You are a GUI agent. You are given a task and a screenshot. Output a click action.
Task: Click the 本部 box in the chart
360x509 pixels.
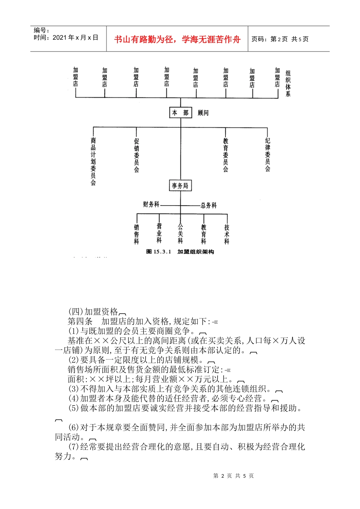point(180,113)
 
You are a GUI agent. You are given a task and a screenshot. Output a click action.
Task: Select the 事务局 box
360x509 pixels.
point(180,186)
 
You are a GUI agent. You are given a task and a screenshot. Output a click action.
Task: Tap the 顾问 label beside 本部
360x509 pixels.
point(203,113)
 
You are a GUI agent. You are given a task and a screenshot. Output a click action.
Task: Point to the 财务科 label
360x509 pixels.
point(151,205)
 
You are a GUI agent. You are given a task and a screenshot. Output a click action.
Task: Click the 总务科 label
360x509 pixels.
point(209,205)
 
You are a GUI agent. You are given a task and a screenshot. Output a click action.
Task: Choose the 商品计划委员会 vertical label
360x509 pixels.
point(93,161)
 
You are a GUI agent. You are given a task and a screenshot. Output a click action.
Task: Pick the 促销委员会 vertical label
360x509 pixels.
point(136,155)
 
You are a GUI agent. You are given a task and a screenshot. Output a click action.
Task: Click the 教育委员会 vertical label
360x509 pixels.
point(226,155)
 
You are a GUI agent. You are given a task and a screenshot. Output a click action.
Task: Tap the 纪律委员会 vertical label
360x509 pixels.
point(268,155)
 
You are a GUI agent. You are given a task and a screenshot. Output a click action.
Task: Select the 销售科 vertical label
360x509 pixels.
point(136,234)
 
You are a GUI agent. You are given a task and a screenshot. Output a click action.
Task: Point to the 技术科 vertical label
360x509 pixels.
point(227,234)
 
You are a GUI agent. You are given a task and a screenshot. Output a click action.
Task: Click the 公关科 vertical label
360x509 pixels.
point(180,234)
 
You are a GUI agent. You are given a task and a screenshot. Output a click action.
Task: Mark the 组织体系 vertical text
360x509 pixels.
point(288,83)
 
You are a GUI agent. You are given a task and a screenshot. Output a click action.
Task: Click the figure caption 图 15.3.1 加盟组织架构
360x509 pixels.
point(180,252)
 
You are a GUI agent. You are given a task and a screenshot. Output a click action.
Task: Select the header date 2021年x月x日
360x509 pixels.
point(75,37)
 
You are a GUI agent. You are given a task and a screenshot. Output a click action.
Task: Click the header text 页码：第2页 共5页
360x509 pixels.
point(280,39)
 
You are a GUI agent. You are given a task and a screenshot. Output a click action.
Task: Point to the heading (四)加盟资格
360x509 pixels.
point(93,312)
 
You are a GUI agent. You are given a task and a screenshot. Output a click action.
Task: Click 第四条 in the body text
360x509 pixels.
point(80,321)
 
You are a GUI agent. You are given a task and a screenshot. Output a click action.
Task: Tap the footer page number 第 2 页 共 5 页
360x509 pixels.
point(233,476)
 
